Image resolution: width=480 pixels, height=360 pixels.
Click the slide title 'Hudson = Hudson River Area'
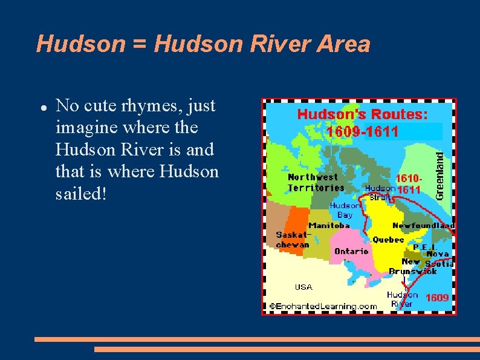click(203, 44)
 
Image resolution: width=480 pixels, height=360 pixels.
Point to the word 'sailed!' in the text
click(81, 194)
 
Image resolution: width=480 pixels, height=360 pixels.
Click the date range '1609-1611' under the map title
click(363, 131)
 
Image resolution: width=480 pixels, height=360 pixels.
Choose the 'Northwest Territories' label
click(316, 182)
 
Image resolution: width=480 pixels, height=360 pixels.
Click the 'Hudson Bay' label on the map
click(345, 210)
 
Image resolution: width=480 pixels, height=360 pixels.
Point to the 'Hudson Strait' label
click(380, 192)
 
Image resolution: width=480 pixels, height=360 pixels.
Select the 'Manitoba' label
click(329, 225)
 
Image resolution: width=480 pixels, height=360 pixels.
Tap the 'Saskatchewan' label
click(293, 240)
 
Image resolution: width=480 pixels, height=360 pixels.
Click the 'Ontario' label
click(351, 250)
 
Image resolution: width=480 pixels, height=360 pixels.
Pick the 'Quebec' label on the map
click(388, 240)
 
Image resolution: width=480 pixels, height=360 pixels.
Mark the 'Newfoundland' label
click(423, 225)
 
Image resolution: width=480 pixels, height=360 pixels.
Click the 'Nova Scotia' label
click(439, 259)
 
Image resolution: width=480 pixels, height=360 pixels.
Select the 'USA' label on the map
click(303, 287)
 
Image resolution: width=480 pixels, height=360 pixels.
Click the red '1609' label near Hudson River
click(437, 298)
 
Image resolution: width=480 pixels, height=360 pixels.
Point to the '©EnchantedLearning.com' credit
click(323, 306)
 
